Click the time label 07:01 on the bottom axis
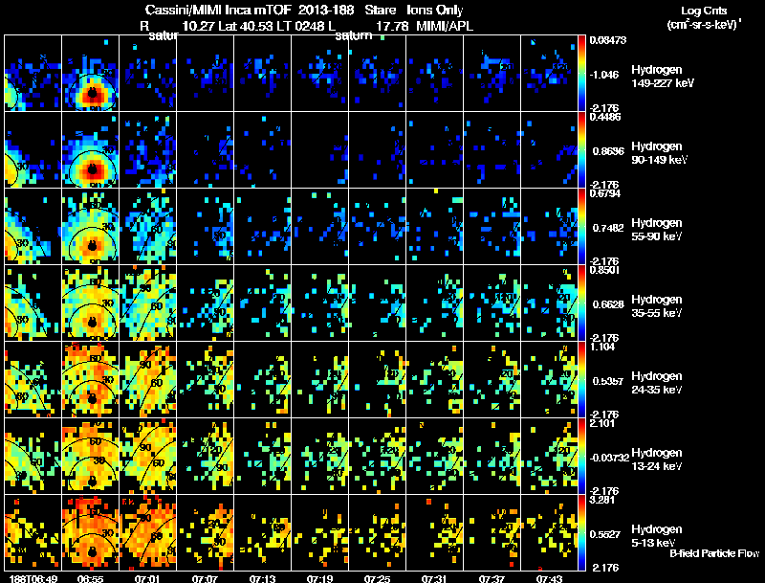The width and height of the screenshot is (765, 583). tap(148, 577)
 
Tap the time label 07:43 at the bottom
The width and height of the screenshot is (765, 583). tap(548, 577)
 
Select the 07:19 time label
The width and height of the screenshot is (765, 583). tap(320, 577)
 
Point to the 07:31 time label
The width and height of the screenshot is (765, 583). tap(435, 577)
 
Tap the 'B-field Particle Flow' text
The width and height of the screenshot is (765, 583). tap(713, 553)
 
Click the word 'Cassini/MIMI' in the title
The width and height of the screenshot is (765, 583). tap(169, 10)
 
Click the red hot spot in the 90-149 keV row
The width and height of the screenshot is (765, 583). tap(92, 170)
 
